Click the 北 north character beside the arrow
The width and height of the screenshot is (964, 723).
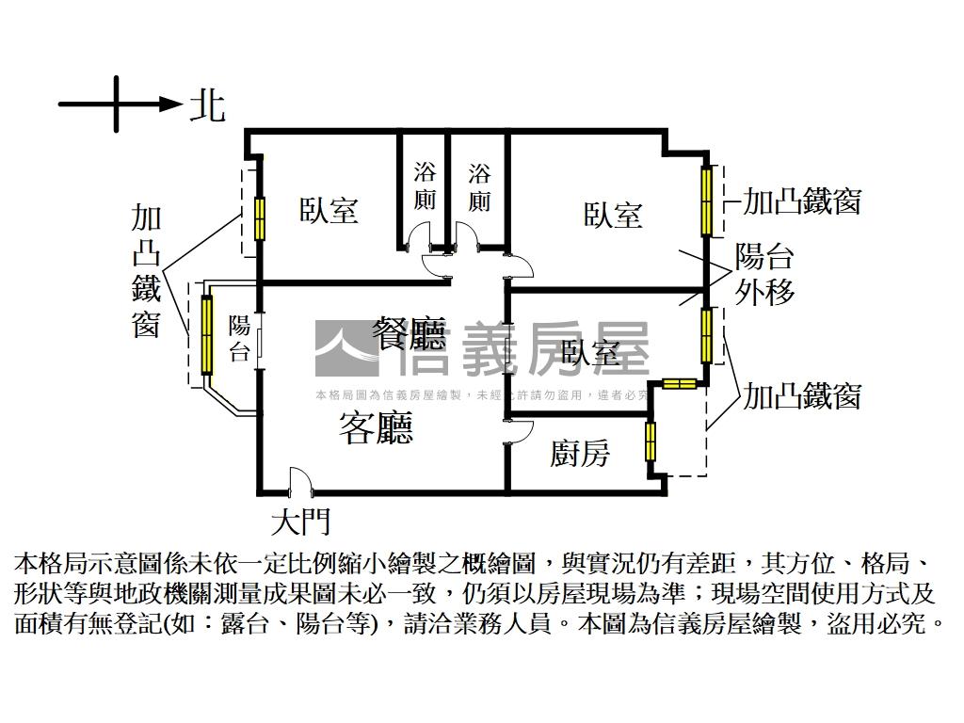(x=207, y=104)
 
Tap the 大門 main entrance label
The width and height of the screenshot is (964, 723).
(x=300, y=521)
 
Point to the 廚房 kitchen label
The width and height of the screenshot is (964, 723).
(x=580, y=454)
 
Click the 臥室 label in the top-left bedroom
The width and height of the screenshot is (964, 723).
(x=329, y=210)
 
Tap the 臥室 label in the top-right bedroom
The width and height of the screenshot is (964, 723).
(x=613, y=215)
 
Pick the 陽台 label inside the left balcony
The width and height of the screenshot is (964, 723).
(x=240, y=339)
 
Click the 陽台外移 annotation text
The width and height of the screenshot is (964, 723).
(x=765, y=274)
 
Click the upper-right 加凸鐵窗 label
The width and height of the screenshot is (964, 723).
(x=802, y=201)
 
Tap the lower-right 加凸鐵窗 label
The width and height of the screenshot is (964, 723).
(x=802, y=396)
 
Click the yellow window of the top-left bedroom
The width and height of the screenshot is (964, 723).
(x=259, y=219)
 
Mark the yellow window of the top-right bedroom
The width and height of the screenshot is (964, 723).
(x=705, y=201)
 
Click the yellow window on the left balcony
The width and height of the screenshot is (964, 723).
(x=206, y=334)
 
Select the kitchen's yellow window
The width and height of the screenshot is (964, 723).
(x=651, y=441)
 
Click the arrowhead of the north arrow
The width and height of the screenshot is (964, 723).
(x=170, y=104)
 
